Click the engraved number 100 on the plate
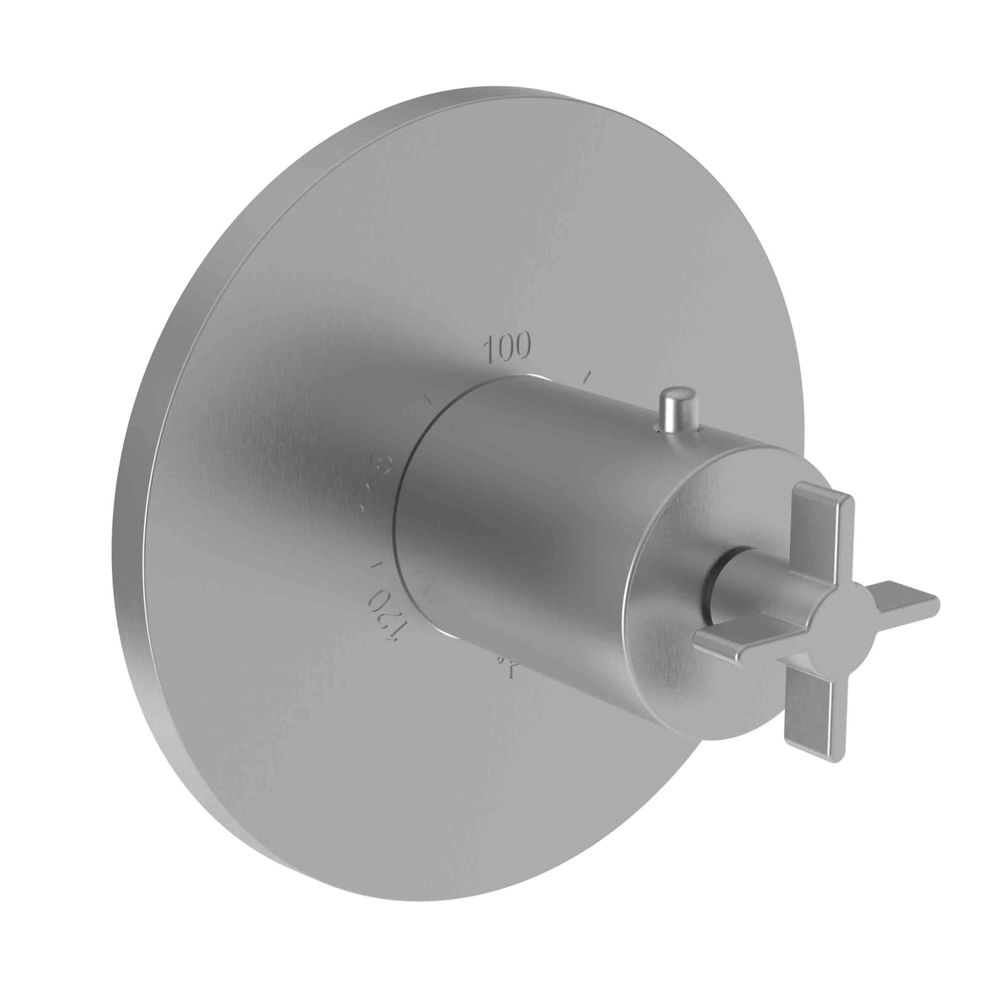[507, 347]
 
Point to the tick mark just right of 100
[588, 376]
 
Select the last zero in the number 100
[522, 345]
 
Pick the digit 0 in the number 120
[377, 601]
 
